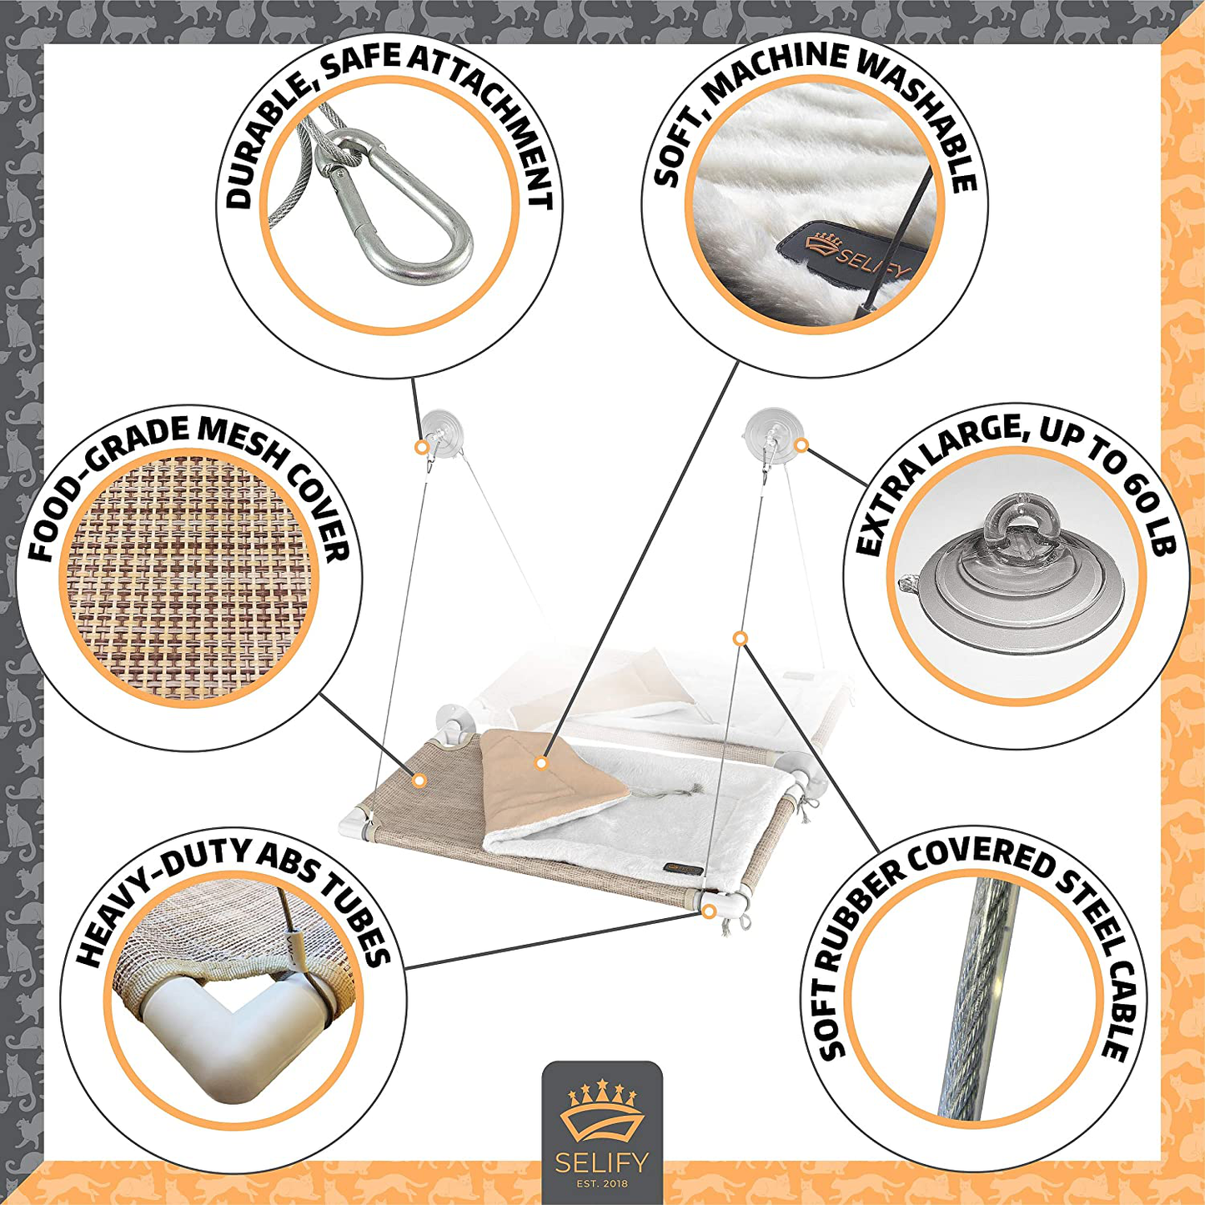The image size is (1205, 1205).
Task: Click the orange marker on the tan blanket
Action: pyautogui.click(x=541, y=763)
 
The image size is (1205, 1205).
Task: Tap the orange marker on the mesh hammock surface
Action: pyautogui.click(x=420, y=780)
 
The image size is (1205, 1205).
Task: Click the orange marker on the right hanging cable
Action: pyautogui.click(x=741, y=639)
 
